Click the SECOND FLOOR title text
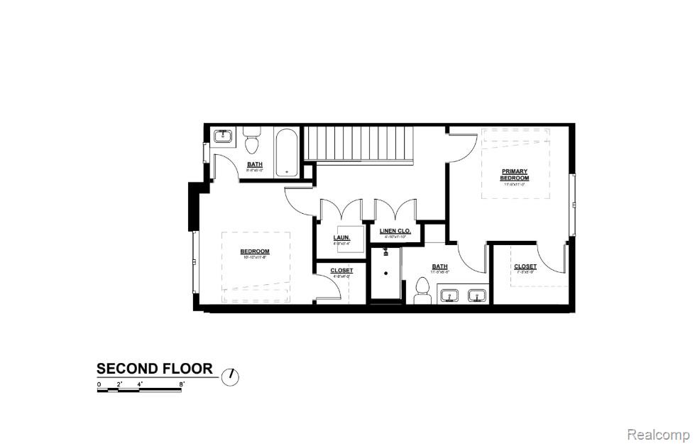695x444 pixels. click(x=155, y=369)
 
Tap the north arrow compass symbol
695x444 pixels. click(x=231, y=377)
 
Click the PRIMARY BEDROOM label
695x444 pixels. click(x=515, y=174)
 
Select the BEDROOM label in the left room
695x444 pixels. click(x=255, y=251)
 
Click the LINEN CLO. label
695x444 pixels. click(x=395, y=232)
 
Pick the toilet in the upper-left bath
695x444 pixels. click(x=251, y=145)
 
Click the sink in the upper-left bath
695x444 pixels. click(x=223, y=135)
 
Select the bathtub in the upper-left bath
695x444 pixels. click(x=287, y=152)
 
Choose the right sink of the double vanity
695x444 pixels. click(x=476, y=296)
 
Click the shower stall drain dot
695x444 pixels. click(x=386, y=272)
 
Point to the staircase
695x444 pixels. click(x=359, y=144)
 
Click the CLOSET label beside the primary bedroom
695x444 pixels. click(x=525, y=266)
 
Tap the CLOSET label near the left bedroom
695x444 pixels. click(x=341, y=271)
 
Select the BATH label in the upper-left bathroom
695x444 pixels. click(x=255, y=165)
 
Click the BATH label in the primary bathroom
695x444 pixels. click(x=440, y=267)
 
